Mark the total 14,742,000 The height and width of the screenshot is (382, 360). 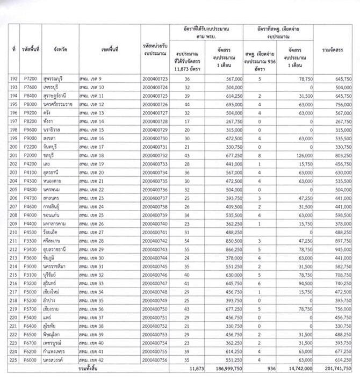(289, 370)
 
